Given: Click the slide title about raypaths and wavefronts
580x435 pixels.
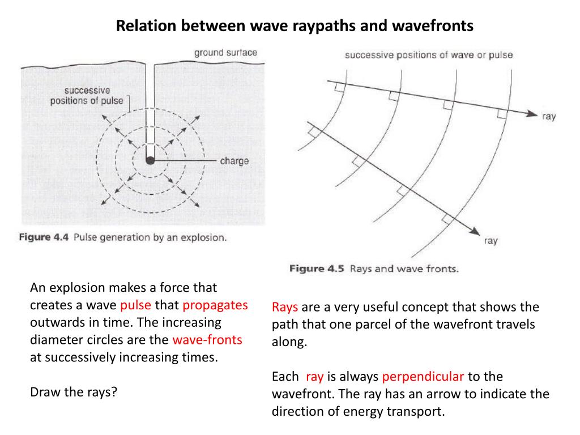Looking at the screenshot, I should pos(294,25).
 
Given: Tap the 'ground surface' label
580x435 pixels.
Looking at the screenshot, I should pos(225,53).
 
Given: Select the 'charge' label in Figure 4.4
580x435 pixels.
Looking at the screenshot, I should pos(234,161).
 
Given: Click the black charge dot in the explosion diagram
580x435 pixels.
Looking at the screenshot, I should pos(150,161).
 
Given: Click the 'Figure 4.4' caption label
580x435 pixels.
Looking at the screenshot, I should pos(44,237).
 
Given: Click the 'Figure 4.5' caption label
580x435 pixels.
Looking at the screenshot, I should pos(317,268).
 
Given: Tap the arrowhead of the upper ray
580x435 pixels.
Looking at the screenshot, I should pos(531,114).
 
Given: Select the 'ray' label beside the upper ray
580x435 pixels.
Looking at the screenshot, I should pos(549,117).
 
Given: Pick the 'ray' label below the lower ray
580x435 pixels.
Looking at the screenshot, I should pos(491,241).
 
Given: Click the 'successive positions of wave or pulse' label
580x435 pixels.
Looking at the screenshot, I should pos(428,56).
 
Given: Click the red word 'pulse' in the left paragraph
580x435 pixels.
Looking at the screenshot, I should pos(135,305).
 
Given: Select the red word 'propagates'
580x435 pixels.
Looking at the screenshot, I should pos(215,305).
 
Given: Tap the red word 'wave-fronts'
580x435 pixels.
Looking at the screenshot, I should pos(207,340).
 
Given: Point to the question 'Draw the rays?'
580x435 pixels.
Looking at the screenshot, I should pos(73,392).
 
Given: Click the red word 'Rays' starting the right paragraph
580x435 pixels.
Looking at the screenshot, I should pos(285,307).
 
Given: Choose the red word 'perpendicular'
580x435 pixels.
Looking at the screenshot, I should pos(423,377).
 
